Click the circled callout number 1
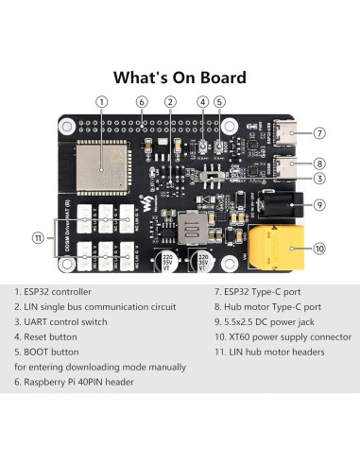[x=101, y=101]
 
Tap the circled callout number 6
[x=141, y=101]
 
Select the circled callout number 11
[x=39, y=238]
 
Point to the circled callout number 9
[x=320, y=203]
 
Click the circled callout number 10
[x=320, y=249]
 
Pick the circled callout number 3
[x=320, y=178]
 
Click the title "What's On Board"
[x=180, y=77]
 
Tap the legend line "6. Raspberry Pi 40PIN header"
[x=79, y=383]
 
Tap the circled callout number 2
[x=170, y=101]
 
